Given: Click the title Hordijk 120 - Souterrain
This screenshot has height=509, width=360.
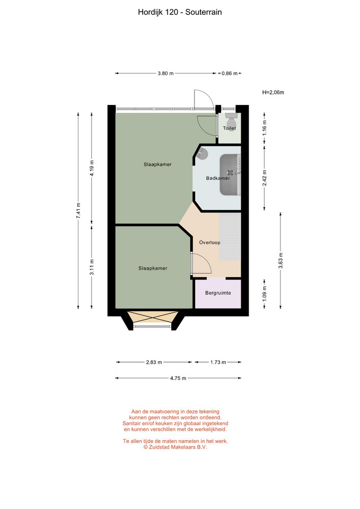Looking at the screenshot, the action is tap(180, 12).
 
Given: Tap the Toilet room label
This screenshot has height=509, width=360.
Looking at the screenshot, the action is tap(230, 128).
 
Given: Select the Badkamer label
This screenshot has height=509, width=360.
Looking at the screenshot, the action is tap(218, 178).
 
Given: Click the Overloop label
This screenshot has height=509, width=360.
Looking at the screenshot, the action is tap(210, 242).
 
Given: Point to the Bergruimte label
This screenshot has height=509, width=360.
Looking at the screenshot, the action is tap(218, 293).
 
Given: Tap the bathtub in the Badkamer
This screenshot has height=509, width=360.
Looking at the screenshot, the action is tap(231, 175).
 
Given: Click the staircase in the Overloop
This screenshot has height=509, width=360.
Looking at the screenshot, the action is tap(230, 236).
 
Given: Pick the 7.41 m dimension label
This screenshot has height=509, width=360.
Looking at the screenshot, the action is tap(78, 210).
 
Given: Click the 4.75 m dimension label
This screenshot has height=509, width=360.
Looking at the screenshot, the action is tap(178, 378).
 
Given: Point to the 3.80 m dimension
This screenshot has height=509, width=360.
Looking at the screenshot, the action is tap(165, 73).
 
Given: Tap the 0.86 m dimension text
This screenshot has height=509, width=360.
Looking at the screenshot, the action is tap(230, 73).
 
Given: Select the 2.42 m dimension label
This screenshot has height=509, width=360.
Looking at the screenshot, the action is tap(265, 178).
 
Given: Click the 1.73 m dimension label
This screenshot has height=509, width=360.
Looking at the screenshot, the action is tap(218, 362).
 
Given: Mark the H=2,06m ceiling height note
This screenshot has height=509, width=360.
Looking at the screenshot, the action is tap(273, 92).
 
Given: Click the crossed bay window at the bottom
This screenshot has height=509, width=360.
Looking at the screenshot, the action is tap(153, 317).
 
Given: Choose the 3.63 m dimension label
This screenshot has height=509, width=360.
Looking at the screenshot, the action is tap(281, 260).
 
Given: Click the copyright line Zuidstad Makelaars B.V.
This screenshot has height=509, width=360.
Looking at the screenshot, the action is tap(175, 447).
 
